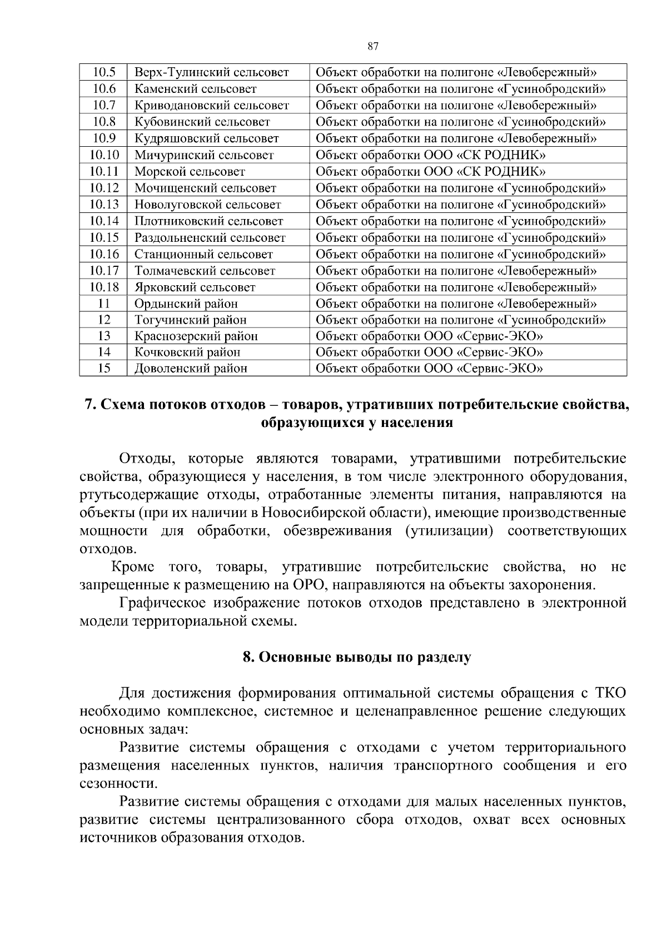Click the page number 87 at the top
(x=373, y=47)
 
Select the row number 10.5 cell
(x=104, y=72)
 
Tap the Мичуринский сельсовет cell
(x=204, y=155)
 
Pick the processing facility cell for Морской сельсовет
(x=430, y=171)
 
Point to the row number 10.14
(x=104, y=221)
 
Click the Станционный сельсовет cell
(x=203, y=255)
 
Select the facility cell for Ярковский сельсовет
(x=456, y=287)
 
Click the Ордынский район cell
(x=186, y=304)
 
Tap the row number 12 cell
(x=104, y=320)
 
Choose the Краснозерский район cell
(x=196, y=336)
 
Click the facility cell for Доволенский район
(x=429, y=368)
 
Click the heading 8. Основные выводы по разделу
(x=356, y=657)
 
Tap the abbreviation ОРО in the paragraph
(x=303, y=585)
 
